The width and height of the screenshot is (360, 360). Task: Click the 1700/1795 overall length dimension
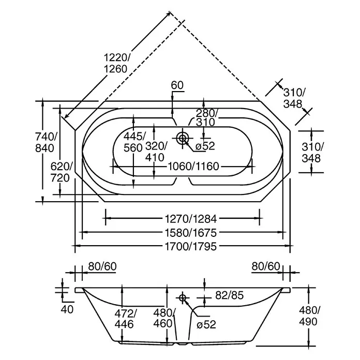click(191, 246)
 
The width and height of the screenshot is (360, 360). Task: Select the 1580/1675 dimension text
click(191, 233)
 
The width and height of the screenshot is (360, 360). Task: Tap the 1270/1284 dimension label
click(191, 219)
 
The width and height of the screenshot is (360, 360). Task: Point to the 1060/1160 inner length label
click(193, 166)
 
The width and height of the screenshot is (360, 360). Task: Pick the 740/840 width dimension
click(46, 142)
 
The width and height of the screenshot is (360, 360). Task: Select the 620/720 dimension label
click(62, 172)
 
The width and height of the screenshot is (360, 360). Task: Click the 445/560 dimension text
click(134, 142)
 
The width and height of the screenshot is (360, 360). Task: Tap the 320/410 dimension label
click(156, 152)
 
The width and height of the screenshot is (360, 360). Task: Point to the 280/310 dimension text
click(206, 117)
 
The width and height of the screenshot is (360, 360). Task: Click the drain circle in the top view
click(183, 138)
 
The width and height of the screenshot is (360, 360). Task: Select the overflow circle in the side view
click(183, 298)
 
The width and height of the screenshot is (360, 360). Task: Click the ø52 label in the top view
click(205, 146)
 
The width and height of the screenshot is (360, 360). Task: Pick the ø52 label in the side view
click(206, 325)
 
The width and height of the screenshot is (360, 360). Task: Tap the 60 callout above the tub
click(177, 85)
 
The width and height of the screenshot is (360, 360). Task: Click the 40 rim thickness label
click(67, 309)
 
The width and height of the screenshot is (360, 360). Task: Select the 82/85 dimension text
click(229, 295)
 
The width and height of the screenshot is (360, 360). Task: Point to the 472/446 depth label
click(126, 319)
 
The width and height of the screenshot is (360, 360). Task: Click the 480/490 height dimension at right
click(309, 316)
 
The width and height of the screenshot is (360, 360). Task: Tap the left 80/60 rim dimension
click(102, 266)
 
